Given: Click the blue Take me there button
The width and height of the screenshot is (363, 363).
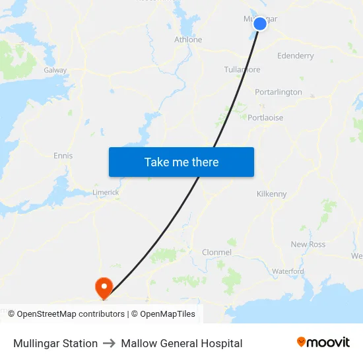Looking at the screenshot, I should (x=181, y=162).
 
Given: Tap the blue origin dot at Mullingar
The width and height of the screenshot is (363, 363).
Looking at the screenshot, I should (x=260, y=24).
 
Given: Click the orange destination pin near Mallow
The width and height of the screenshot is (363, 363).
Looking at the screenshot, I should (x=104, y=287).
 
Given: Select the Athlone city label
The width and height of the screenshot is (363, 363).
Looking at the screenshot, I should (x=187, y=40).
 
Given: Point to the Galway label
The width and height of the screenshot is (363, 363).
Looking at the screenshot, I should (x=55, y=70).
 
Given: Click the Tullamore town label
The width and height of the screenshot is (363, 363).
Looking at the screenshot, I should (x=242, y=69).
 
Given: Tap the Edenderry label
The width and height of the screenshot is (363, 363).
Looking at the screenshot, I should (x=296, y=56).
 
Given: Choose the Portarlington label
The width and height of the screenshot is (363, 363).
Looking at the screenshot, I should (x=279, y=92).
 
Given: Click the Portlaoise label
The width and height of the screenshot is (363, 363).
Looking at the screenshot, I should (x=265, y=117).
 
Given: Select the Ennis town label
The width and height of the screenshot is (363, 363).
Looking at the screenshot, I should (x=63, y=156).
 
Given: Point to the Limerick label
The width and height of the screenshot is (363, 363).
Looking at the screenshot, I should (x=106, y=192).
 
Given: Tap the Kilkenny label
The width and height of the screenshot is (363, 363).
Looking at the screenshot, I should (x=271, y=194).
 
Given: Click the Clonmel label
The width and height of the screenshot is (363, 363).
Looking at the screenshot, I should (x=216, y=252).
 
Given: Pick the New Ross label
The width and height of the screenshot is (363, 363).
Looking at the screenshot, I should (x=308, y=244).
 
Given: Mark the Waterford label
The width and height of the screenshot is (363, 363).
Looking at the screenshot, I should (x=288, y=271).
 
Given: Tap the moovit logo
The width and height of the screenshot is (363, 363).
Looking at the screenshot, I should (x=323, y=343).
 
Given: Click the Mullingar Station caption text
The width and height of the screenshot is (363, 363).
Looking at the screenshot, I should (x=55, y=343).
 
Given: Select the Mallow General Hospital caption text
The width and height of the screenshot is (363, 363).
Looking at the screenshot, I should (x=181, y=343).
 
